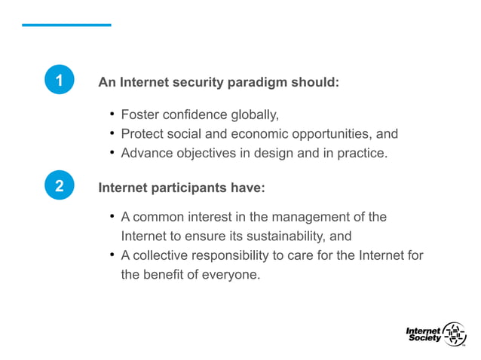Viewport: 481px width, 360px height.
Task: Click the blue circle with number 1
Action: (59, 81)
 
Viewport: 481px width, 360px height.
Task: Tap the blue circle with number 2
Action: (59, 186)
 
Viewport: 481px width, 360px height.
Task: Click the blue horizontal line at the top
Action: (66, 25)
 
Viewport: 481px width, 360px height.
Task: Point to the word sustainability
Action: (280, 236)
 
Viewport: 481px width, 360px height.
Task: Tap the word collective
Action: (158, 255)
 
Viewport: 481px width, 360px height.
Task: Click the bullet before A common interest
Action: (112, 217)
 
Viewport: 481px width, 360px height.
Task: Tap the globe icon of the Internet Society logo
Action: (454, 334)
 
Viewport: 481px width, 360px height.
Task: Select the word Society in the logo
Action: (424, 338)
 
